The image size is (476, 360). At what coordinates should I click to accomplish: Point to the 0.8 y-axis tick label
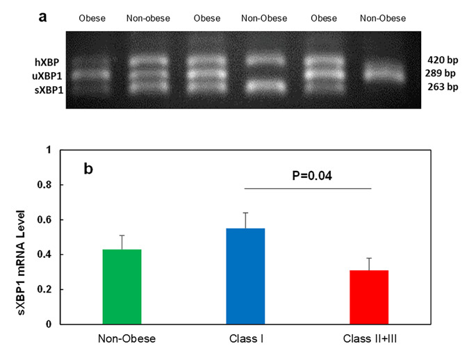pyautogui.click(x=44, y=185)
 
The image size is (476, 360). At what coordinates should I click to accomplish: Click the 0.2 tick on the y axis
pyautogui.click(x=44, y=289)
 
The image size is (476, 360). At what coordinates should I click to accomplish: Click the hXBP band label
pyautogui.click(x=44, y=62)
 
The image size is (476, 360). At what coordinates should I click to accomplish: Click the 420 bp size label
pyautogui.click(x=442, y=60)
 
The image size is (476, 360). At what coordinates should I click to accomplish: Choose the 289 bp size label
pyautogui.click(x=442, y=73)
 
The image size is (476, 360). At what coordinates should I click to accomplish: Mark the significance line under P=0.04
pyautogui.click(x=309, y=188)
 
